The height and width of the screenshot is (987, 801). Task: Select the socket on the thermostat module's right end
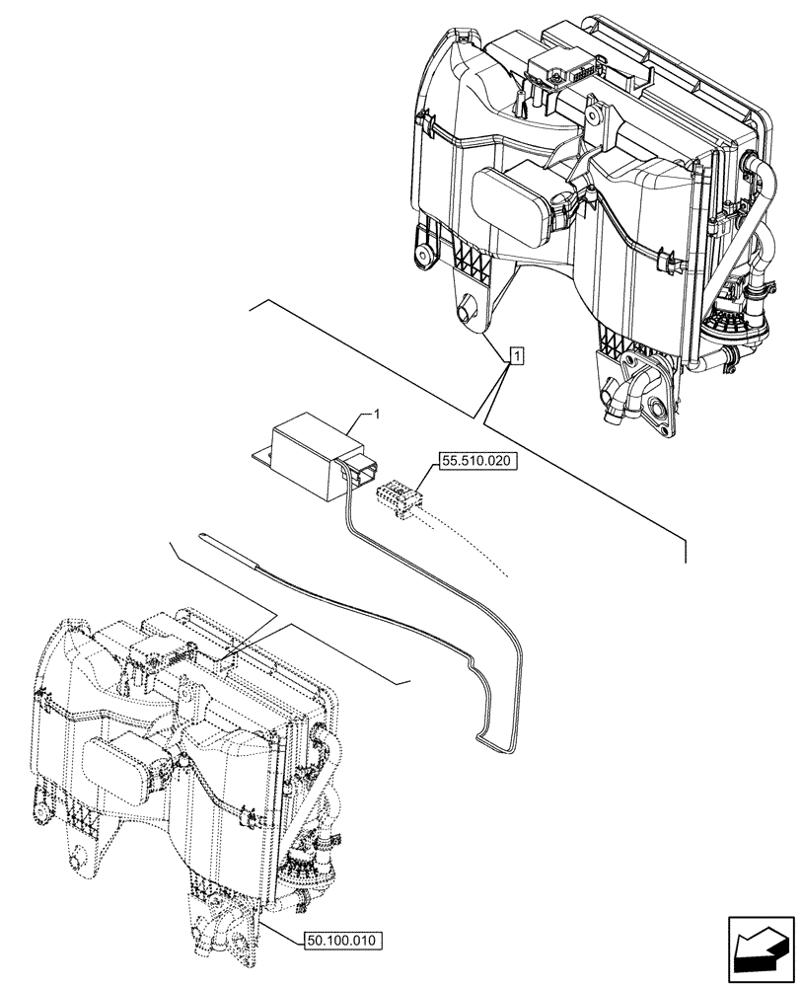(x=359, y=472)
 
